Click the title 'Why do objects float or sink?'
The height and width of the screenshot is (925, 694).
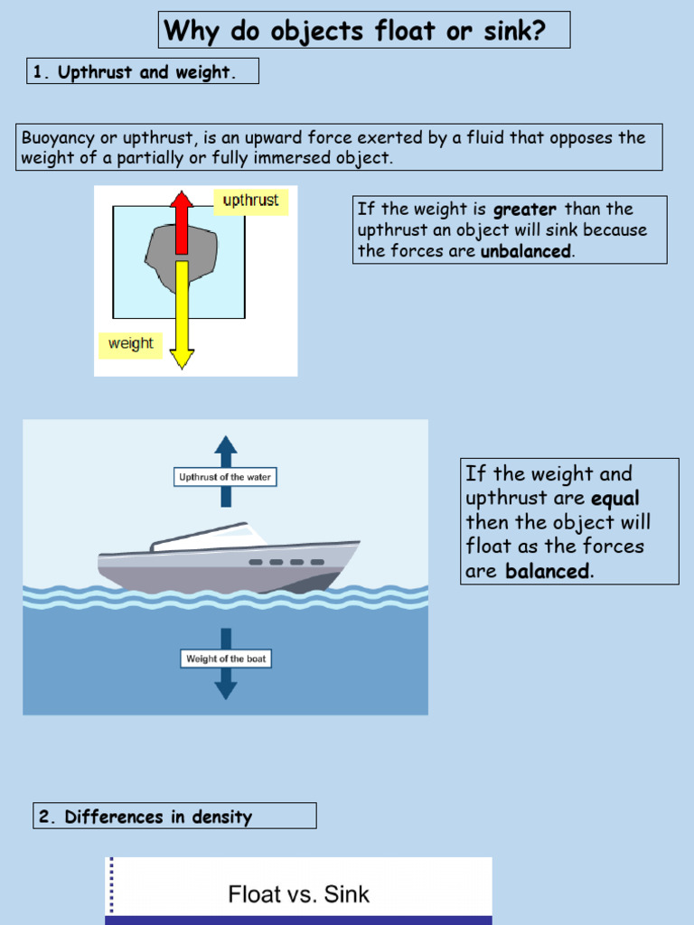pos(355,31)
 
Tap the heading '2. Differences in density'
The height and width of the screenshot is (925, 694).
pos(158,818)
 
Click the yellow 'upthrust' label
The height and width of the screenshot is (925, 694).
pos(250,201)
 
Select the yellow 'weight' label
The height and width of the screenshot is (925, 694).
pos(130,344)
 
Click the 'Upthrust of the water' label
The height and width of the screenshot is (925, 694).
pos(225,477)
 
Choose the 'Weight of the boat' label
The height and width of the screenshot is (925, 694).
pos(226,659)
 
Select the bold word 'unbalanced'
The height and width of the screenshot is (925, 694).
pos(525,252)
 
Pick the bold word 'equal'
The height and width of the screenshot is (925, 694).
pos(614,499)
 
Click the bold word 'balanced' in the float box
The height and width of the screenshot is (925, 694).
pos(547,572)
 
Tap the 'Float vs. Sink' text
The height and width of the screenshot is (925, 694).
pos(298,895)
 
